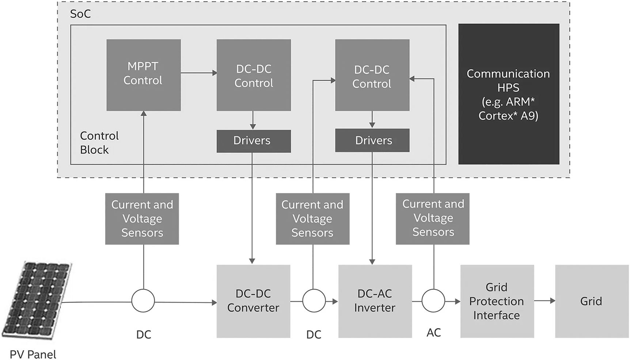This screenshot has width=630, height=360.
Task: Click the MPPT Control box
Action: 143,75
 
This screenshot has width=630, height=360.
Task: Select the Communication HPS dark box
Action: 508,94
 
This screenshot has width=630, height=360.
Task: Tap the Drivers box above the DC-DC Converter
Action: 253,141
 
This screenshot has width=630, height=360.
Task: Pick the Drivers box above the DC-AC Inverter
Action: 372,140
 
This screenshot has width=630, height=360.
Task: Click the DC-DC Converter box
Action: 253,301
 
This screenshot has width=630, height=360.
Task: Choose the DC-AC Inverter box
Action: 375,301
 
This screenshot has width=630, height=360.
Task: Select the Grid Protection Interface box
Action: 497,301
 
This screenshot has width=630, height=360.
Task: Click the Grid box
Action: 591,301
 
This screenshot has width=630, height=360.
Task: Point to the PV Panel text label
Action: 33,354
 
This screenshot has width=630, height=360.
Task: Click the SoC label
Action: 80,14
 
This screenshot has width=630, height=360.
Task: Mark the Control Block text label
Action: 99,143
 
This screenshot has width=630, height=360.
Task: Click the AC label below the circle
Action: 433,333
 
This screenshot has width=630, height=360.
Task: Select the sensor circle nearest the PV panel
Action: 143,301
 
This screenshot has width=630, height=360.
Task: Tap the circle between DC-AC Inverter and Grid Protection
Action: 433,301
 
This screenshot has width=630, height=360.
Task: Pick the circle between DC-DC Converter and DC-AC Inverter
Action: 314,301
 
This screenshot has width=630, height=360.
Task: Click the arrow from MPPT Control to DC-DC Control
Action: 198,73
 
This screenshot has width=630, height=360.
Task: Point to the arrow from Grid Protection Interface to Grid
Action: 544,301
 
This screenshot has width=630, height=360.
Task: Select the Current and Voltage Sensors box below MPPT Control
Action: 142,219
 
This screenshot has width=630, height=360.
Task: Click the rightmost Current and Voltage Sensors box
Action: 433,218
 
